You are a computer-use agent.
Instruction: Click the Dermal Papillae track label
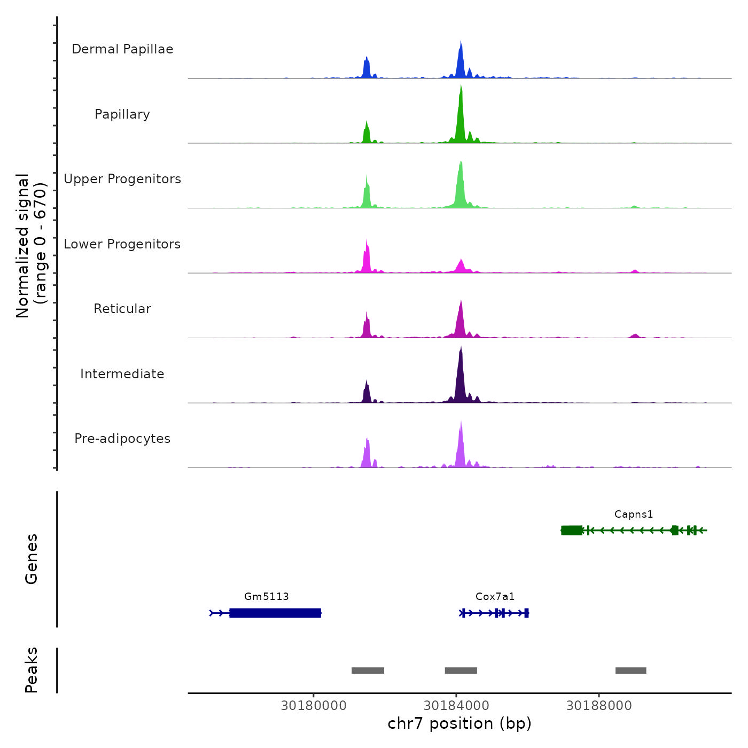(x=122, y=49)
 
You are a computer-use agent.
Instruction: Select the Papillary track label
(x=122, y=114)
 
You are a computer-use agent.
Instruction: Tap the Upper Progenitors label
(x=122, y=179)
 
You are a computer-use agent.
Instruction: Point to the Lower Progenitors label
(x=122, y=244)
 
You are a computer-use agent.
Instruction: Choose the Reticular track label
(x=122, y=309)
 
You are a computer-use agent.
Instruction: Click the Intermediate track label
(x=122, y=374)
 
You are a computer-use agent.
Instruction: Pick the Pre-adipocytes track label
(x=122, y=439)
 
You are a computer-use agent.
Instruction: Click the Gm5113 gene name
(x=267, y=597)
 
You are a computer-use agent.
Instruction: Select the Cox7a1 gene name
(x=495, y=597)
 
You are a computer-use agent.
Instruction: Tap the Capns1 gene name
(x=634, y=515)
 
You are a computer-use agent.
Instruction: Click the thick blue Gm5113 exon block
(x=275, y=613)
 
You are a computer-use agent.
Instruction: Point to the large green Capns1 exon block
(x=572, y=530)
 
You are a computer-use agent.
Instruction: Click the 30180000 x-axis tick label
(x=314, y=706)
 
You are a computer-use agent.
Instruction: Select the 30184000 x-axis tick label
(x=456, y=706)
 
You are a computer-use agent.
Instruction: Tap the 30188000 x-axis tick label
(x=599, y=706)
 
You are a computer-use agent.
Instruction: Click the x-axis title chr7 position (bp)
(x=459, y=724)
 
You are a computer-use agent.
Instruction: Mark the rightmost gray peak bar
(x=630, y=671)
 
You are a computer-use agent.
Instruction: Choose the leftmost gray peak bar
(x=368, y=671)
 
